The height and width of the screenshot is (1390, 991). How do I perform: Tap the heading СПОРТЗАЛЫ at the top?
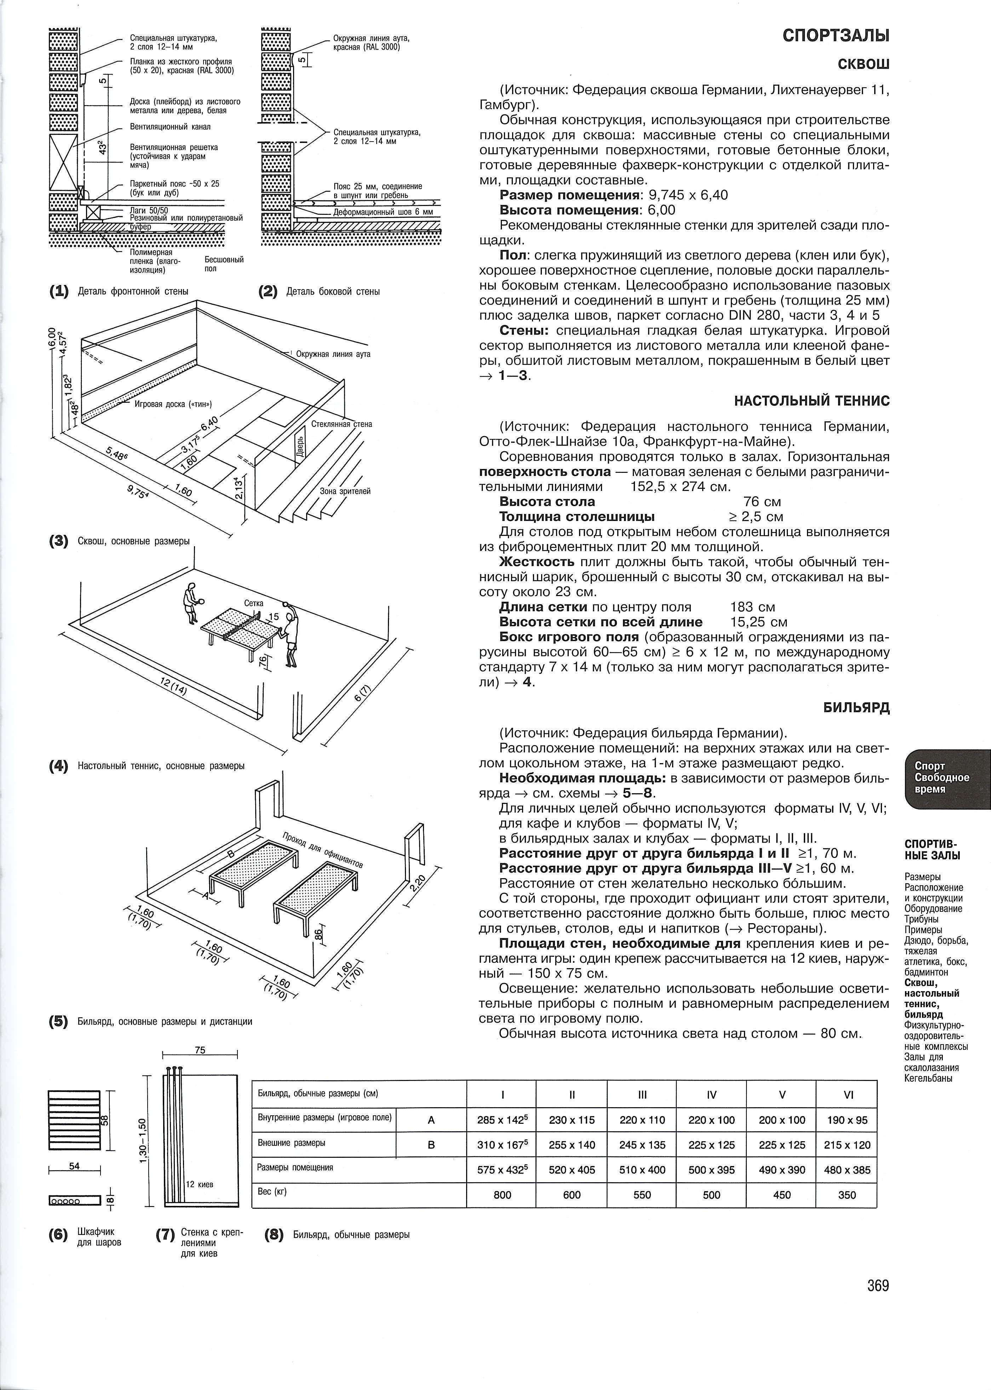point(836,36)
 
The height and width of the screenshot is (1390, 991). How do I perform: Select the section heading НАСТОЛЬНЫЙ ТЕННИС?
point(812,401)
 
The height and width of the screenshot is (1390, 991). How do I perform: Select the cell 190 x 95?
point(848,1120)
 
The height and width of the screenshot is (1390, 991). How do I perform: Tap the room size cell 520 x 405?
point(572,1170)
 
